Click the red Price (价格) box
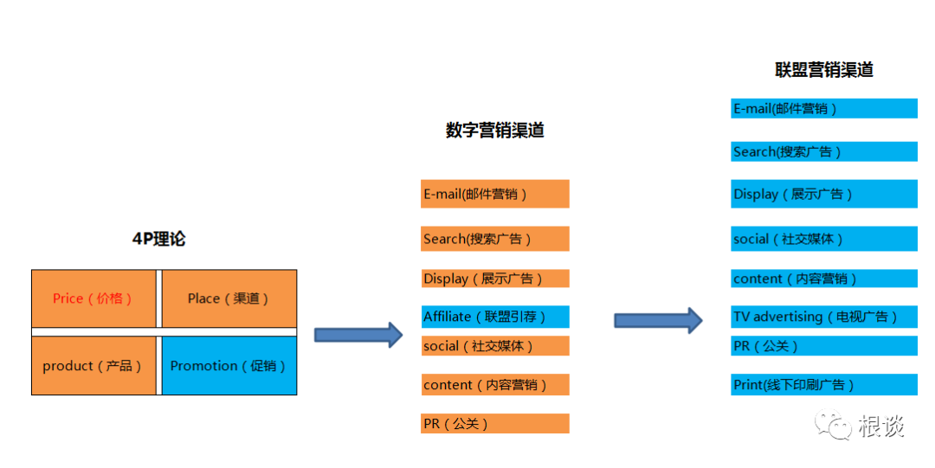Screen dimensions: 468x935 pos(93,298)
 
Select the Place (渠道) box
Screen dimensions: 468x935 pos(229,298)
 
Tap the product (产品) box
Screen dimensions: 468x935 pos(93,366)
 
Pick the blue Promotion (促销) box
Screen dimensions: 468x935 pos(229,366)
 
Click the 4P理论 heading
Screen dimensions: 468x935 pos(158,240)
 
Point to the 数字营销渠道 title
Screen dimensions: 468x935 pos(494,131)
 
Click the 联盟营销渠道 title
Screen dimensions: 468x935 pos(823,70)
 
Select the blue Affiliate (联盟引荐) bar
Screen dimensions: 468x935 pos(494,317)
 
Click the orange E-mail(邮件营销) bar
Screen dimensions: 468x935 pos(494,194)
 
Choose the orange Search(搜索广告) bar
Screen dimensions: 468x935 pos(494,239)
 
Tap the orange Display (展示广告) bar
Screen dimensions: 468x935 pos(494,279)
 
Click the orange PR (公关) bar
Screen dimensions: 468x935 pos(494,424)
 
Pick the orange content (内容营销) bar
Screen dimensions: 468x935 pos(494,385)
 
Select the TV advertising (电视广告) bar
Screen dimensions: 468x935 pos(823,317)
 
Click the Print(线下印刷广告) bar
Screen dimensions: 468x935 pos(823,385)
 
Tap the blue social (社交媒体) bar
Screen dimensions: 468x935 pos(823,239)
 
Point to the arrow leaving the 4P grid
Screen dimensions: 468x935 pos(358,334)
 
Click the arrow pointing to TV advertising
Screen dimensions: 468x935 pos(657,320)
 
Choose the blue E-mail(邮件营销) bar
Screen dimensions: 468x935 pos(823,109)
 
